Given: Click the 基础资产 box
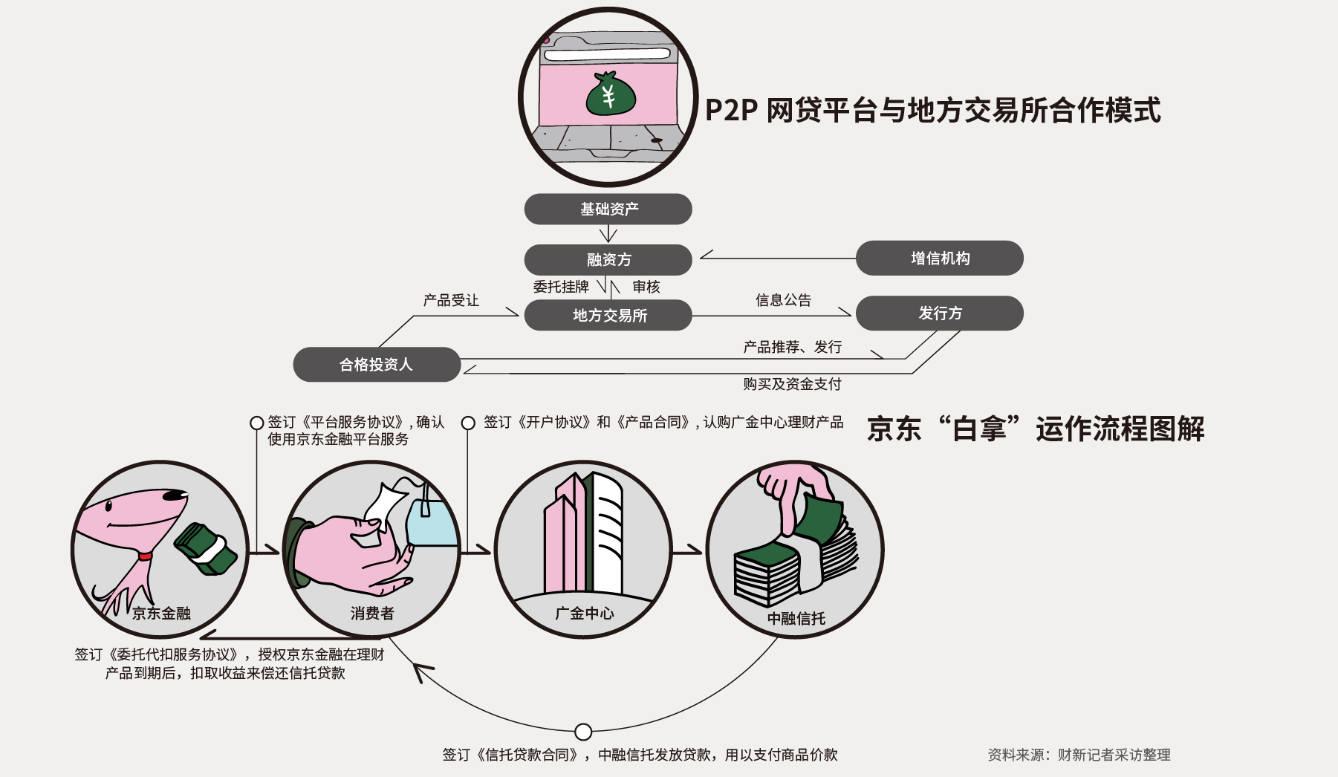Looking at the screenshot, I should click(x=608, y=209).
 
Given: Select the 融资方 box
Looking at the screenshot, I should click(x=608, y=260).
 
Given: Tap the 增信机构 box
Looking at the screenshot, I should click(x=939, y=259).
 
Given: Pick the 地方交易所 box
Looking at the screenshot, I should click(x=608, y=316).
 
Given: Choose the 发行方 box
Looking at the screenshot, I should click(x=939, y=313).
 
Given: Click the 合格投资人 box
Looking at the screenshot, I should click(x=377, y=365).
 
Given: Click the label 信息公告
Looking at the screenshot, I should click(x=783, y=300).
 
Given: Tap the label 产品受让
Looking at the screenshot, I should click(x=451, y=300).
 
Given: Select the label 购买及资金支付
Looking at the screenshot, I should click(x=792, y=384).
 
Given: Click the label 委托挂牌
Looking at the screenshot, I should click(x=561, y=287).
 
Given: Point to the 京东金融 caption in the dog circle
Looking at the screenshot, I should click(x=161, y=614).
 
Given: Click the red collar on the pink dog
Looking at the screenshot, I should click(x=145, y=556).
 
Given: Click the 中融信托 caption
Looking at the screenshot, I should click(x=796, y=619).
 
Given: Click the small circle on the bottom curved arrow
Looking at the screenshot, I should click(x=583, y=732).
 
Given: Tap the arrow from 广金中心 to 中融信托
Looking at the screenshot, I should click(x=688, y=550).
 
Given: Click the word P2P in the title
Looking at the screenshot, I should click(x=730, y=111).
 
